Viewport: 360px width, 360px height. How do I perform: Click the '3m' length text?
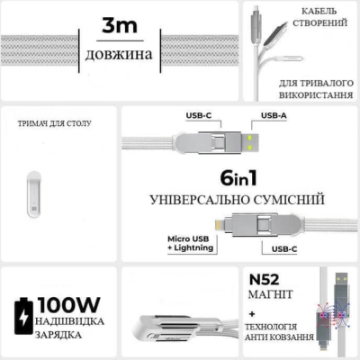tap(120, 25)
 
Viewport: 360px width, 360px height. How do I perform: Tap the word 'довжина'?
tap(119, 54)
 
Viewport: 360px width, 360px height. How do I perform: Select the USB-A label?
tap(274, 115)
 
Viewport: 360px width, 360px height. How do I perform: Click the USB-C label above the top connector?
tap(199, 115)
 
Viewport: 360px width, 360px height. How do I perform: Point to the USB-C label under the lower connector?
tap(284, 249)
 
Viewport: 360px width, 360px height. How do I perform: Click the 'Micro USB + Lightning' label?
tap(191, 243)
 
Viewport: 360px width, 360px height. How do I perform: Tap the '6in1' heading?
tap(238, 178)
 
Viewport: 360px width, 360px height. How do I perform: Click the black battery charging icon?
tap(23, 316)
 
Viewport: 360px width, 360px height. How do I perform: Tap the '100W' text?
tap(68, 305)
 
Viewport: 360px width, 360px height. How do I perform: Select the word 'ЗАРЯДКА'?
tap(58, 335)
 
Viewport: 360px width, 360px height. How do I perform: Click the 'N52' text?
tap(264, 280)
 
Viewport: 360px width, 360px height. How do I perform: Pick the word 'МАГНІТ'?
tap(270, 294)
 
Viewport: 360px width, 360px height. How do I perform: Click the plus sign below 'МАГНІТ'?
tap(252, 314)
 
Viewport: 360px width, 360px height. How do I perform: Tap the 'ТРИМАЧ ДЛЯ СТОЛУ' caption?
tap(55, 123)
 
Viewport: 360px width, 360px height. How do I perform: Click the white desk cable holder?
tap(34, 194)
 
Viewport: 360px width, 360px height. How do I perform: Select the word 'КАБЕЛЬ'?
tap(319, 12)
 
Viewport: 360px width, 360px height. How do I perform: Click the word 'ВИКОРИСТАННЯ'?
tap(316, 95)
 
